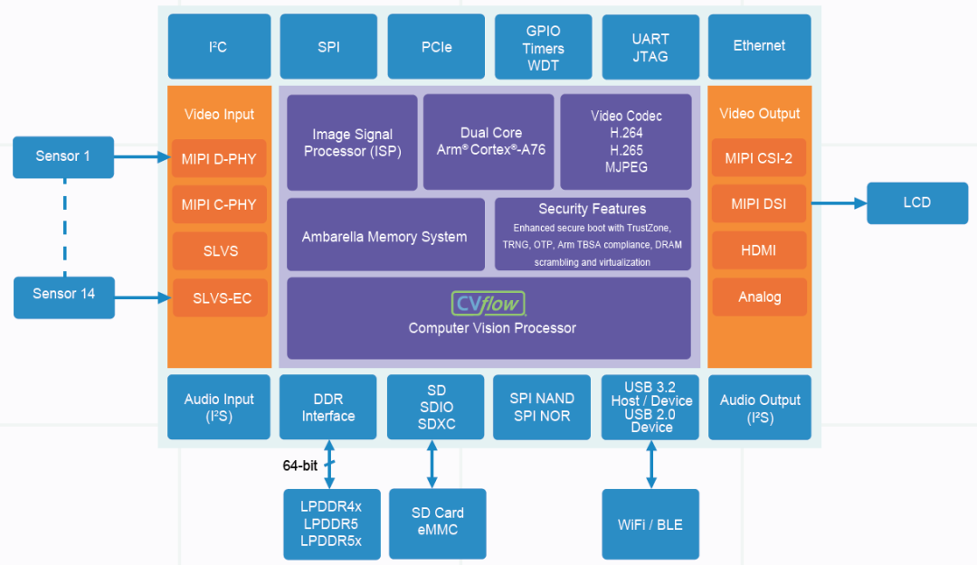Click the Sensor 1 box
[63, 157]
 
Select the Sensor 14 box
[64, 297]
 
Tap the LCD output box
[917, 203]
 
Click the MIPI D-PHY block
[219, 159]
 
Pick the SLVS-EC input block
[220, 297]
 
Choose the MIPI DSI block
[759, 203]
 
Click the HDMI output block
[759, 250]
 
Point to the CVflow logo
[488, 304]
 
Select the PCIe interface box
[436, 47]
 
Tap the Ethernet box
[760, 47]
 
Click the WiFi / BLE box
[650, 524]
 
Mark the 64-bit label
[300, 466]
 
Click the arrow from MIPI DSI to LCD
[839, 203]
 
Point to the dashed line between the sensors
[65, 228]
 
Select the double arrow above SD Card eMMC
[432, 464]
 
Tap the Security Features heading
[592, 209]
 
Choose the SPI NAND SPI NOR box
[542, 408]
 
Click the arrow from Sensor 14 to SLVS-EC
[143, 297]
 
